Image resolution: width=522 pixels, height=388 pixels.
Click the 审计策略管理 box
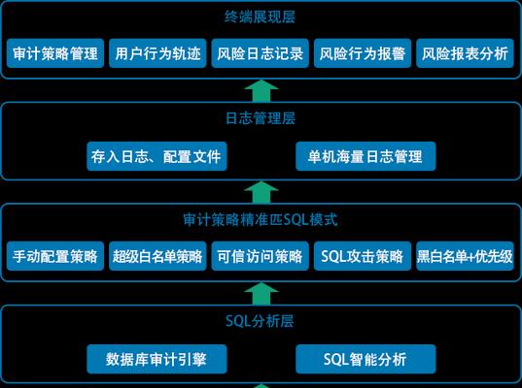pyautogui.click(x=55, y=53)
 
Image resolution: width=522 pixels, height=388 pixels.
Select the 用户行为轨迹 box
pyautogui.click(x=157, y=53)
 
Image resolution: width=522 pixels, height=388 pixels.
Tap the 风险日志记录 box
pyautogui.click(x=260, y=53)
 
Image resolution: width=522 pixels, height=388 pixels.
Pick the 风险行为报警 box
pyautogui.click(x=363, y=53)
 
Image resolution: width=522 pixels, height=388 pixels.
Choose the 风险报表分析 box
pyautogui.click(x=465, y=53)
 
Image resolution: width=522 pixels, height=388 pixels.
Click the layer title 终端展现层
pyautogui.click(x=260, y=16)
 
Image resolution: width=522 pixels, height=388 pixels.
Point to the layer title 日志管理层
pyautogui.click(x=261, y=118)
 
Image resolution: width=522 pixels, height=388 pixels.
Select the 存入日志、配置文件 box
pyautogui.click(x=157, y=156)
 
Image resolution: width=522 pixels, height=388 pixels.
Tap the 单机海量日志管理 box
pyautogui.click(x=365, y=156)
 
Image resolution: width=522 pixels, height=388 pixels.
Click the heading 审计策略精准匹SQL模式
pyautogui.click(x=261, y=219)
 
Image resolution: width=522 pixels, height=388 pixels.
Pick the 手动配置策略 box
pyautogui.click(x=55, y=256)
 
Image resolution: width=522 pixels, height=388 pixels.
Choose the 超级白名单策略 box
pyautogui.click(x=157, y=256)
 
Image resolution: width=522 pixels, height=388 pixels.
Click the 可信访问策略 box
pyautogui.click(x=260, y=256)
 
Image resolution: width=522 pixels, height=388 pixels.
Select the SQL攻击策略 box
pyautogui.click(x=363, y=256)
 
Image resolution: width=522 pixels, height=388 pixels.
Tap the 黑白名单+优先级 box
pyautogui.click(x=465, y=256)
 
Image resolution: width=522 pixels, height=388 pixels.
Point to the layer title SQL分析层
pyautogui.click(x=260, y=321)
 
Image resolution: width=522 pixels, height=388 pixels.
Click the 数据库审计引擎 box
pyautogui.click(x=157, y=359)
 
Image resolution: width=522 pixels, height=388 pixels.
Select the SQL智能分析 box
pyautogui.click(x=365, y=359)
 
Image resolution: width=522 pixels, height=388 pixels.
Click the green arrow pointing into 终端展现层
pyautogui.click(x=261, y=90)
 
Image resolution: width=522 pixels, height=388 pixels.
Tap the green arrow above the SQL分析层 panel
pyautogui.click(x=261, y=293)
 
